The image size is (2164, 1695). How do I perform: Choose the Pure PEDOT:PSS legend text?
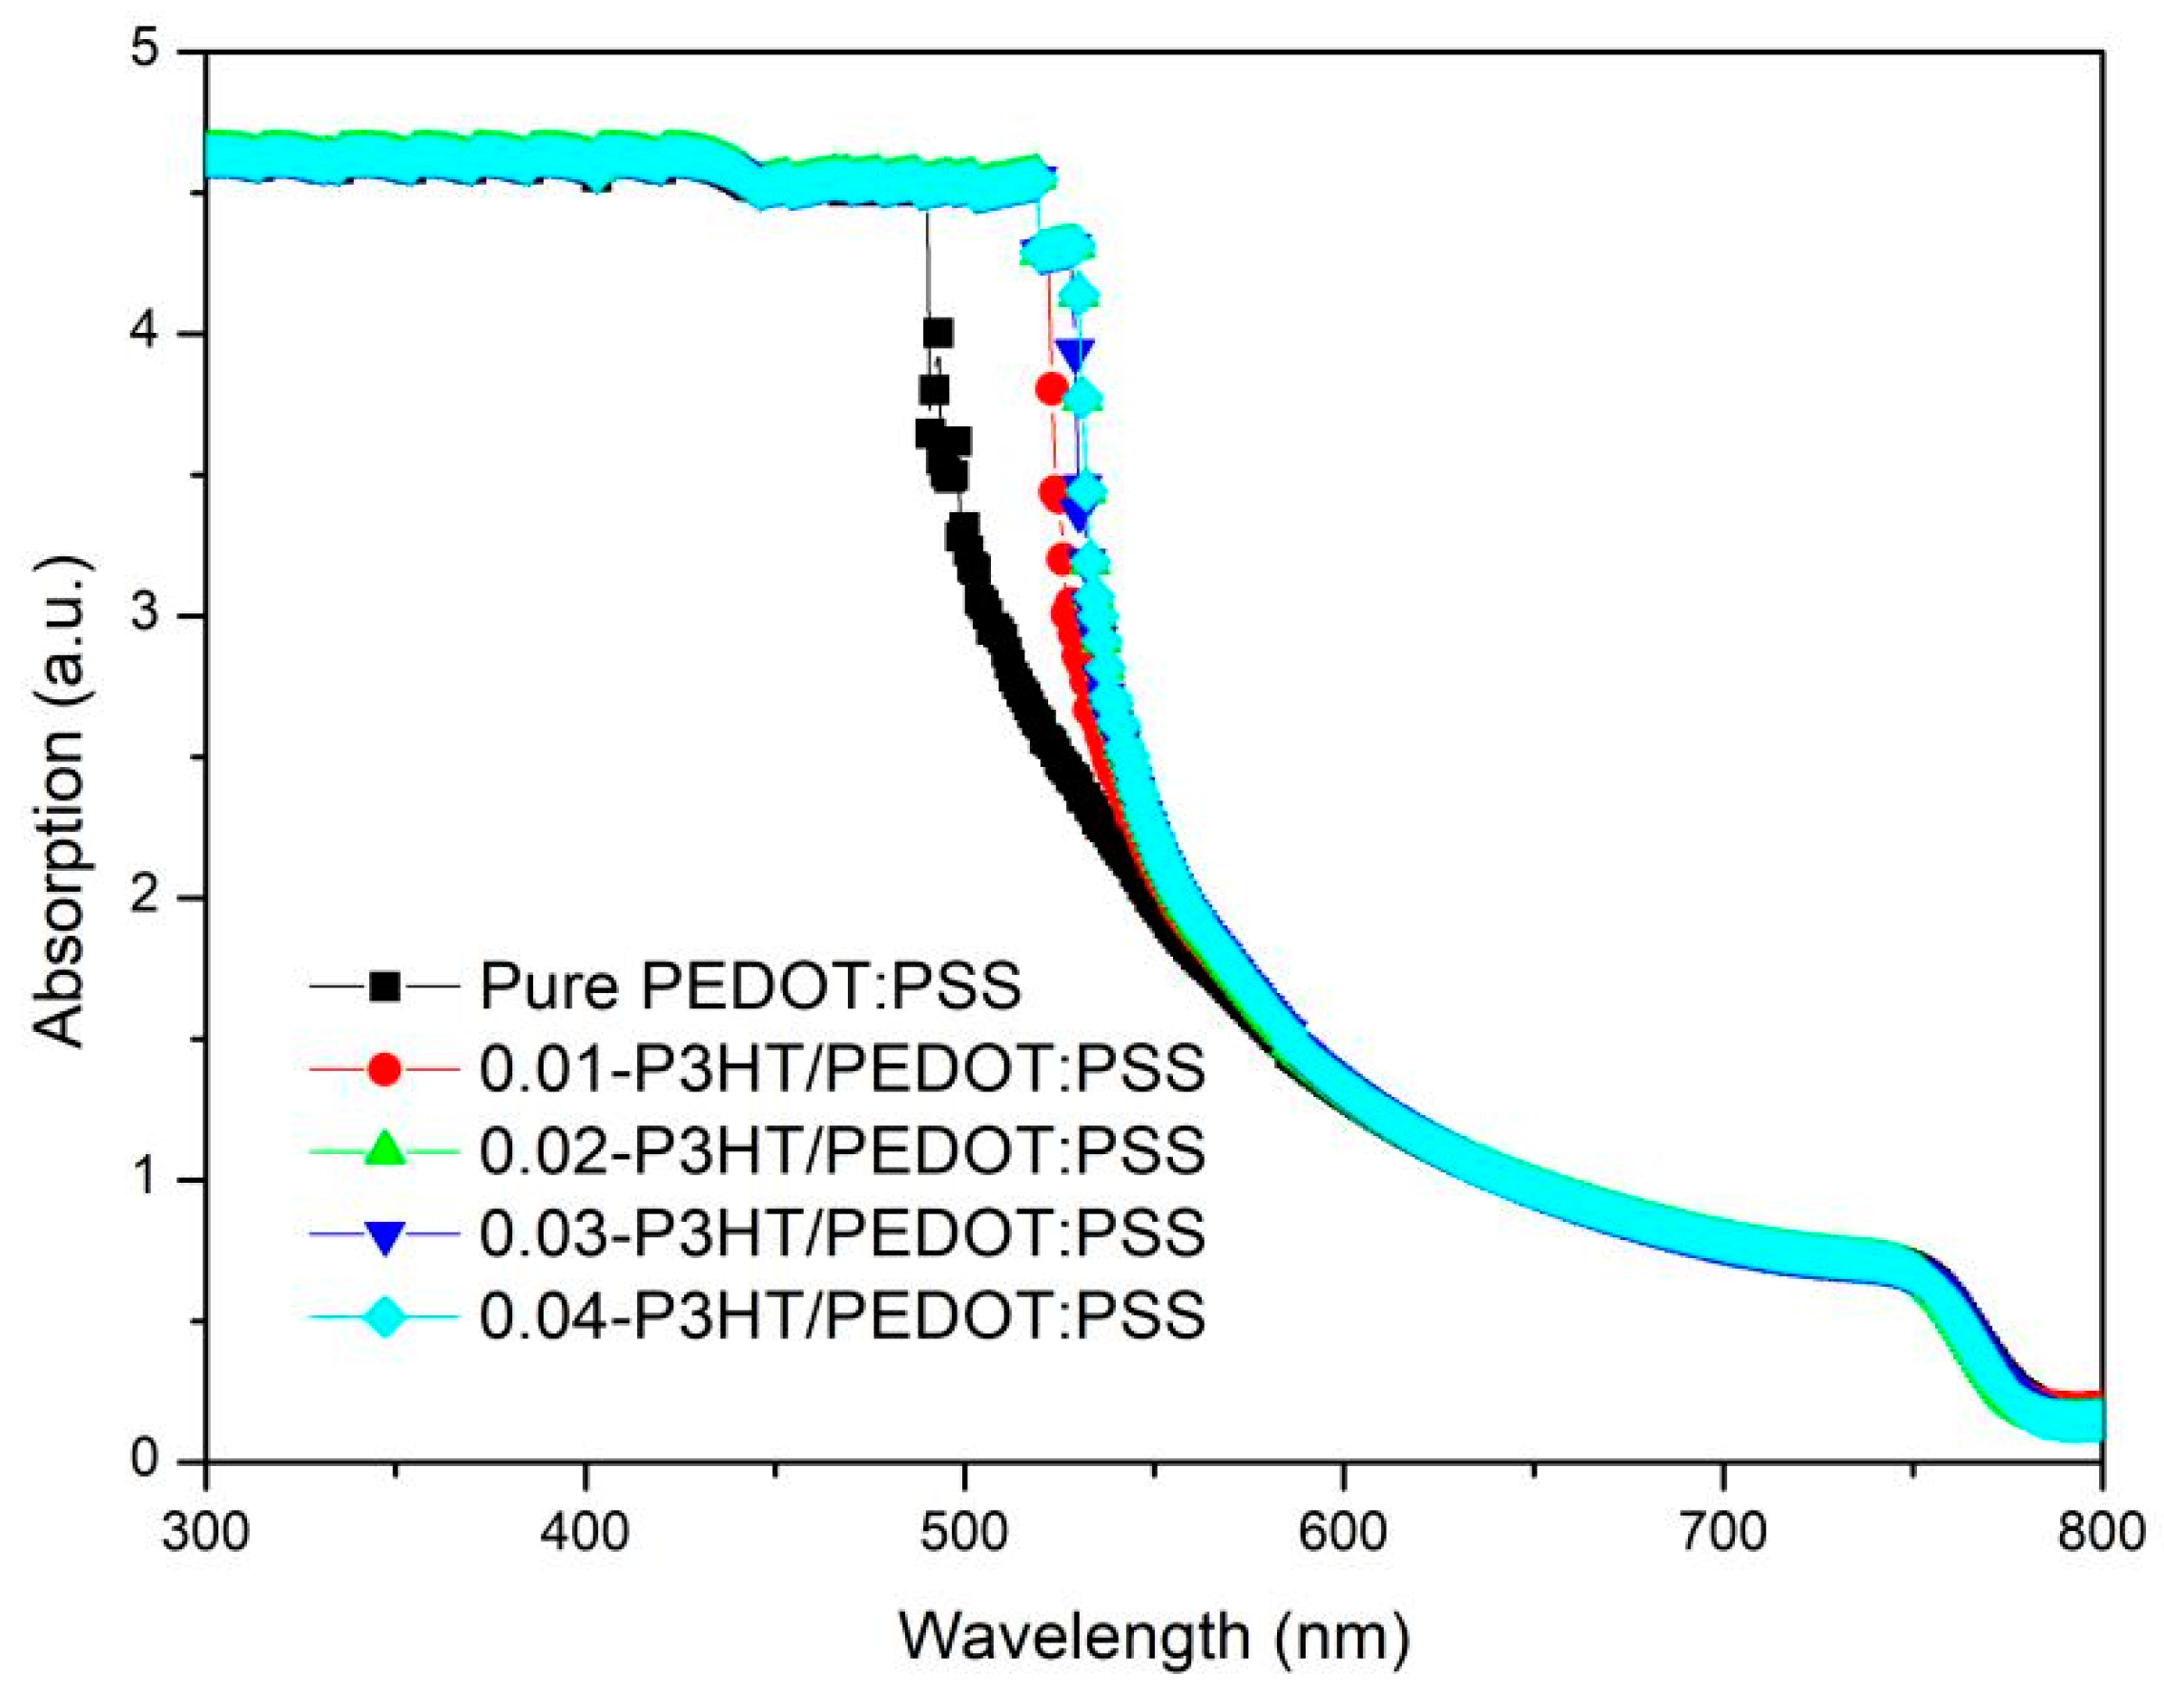(752, 986)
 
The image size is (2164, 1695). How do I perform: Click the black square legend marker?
(385, 986)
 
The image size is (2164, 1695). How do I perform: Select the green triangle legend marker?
(385, 1150)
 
